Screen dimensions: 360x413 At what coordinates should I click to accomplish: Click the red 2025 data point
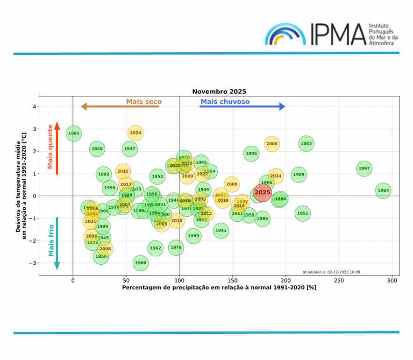click(x=263, y=192)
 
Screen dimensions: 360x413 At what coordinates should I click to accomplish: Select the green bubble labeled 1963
click(x=383, y=191)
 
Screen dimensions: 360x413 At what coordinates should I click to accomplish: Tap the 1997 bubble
click(x=364, y=169)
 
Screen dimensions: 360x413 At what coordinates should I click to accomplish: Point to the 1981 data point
click(x=74, y=134)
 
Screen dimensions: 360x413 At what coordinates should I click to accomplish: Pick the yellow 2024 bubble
click(x=135, y=133)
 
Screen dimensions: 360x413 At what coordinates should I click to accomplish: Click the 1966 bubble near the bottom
click(x=141, y=263)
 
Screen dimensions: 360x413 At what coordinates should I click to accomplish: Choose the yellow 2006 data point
click(x=272, y=144)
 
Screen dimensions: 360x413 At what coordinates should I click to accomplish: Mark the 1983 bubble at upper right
click(x=306, y=143)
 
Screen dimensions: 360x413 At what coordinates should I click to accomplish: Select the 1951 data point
click(x=303, y=213)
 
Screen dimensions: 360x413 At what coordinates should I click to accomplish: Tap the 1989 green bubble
click(x=299, y=175)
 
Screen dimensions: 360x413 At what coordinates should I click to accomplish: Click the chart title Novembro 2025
click(x=219, y=92)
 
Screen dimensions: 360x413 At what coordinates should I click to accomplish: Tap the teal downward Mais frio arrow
click(x=57, y=243)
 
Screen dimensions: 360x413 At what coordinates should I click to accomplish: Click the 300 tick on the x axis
click(x=392, y=281)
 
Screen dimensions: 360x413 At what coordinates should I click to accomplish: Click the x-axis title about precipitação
click(x=219, y=288)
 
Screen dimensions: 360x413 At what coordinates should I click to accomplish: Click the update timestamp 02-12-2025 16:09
click(x=331, y=272)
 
